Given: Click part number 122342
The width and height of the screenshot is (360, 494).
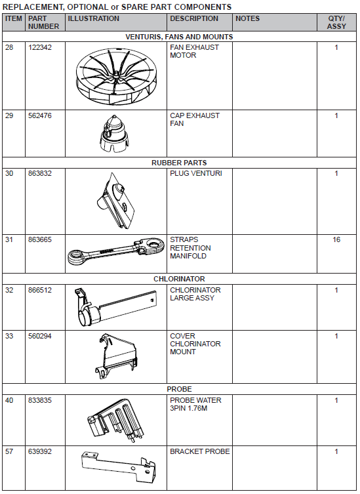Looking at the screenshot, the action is click(x=40, y=48).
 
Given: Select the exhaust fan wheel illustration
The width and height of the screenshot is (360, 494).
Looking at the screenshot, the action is click(x=116, y=77).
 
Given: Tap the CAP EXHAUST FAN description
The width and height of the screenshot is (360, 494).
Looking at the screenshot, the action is click(x=194, y=119).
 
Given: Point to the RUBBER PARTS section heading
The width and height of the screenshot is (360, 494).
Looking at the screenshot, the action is click(x=179, y=163).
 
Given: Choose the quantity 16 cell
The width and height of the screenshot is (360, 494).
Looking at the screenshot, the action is click(x=336, y=239).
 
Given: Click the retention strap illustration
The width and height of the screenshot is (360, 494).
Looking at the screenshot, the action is click(x=116, y=251).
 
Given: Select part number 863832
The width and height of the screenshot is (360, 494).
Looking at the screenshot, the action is click(x=40, y=174).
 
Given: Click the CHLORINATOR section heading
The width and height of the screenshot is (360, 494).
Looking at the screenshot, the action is click(x=179, y=279).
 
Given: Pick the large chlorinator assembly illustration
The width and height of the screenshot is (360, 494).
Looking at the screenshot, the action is click(x=115, y=306).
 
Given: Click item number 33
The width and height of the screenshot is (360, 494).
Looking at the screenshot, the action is click(x=9, y=336).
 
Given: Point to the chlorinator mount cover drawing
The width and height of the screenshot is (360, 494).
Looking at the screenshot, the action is click(x=116, y=356).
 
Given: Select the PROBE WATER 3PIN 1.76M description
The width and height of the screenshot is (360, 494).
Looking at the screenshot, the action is click(x=195, y=404).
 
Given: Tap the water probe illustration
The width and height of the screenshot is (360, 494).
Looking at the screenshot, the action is click(x=116, y=418).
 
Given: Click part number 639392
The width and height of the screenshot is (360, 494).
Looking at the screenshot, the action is click(x=40, y=452).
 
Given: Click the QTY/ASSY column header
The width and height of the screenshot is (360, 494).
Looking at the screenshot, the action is click(x=336, y=22).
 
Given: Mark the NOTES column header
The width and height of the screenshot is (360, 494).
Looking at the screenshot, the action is click(x=248, y=18).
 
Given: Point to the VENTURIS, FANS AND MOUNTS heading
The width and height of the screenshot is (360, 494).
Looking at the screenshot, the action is click(x=179, y=37).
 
